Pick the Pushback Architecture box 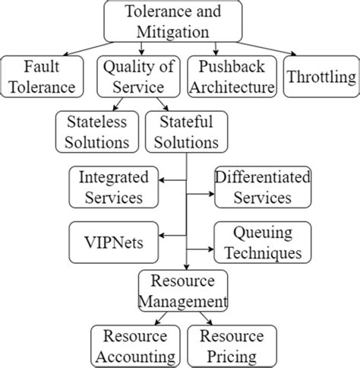point(232,77)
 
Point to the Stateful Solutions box point(183,131)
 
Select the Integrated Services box point(114,187)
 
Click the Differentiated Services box point(252,187)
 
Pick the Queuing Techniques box point(252,241)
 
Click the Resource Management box point(182,292)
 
